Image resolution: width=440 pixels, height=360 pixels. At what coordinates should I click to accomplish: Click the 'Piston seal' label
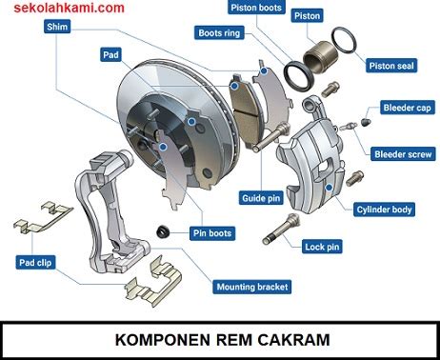(391, 66)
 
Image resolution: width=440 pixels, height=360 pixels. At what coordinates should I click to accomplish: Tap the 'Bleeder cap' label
(408, 108)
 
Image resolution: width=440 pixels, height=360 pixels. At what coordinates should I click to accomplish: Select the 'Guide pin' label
(261, 198)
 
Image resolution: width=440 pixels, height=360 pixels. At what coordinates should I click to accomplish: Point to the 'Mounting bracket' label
(252, 287)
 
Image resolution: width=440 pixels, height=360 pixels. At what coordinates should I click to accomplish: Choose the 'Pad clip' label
(35, 263)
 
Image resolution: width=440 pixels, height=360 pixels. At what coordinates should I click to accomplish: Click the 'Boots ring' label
(219, 32)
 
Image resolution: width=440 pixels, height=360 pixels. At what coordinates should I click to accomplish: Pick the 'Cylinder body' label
(384, 210)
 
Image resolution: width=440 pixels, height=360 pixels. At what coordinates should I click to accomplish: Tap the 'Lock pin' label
(322, 247)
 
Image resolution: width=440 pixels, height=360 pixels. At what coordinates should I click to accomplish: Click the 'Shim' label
(57, 27)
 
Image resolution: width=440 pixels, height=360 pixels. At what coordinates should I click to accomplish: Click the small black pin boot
(163, 231)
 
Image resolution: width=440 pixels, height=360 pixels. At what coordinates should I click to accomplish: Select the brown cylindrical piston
(320, 57)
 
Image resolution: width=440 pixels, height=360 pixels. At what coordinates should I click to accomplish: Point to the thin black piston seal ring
(344, 40)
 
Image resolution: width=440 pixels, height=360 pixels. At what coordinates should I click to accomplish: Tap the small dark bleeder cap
(366, 122)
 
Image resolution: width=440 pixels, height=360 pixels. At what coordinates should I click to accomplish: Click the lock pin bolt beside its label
(281, 229)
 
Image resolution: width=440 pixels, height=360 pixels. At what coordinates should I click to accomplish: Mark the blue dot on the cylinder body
(330, 188)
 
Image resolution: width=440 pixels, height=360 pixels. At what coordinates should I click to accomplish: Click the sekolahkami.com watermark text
(69, 8)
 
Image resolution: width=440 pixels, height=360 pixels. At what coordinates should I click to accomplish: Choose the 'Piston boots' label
(256, 8)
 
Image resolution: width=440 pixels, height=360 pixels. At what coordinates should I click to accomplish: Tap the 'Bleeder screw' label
(403, 154)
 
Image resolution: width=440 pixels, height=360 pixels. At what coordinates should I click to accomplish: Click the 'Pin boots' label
(212, 233)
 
